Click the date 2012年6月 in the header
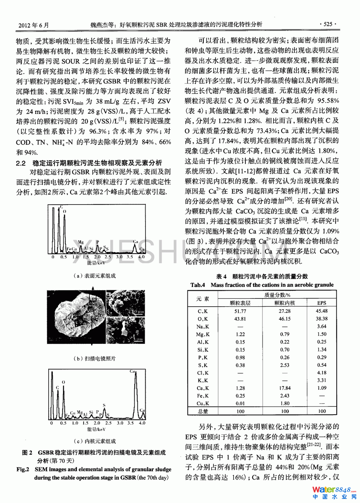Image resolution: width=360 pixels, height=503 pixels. [33, 25]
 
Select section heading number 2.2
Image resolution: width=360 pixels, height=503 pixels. [21, 163]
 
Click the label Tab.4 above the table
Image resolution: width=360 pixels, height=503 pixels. [197, 285]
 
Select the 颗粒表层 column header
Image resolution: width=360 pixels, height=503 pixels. [240, 303]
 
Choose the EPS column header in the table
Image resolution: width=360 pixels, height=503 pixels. [321, 303]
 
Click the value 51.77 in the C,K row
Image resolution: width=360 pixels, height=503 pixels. [240, 311]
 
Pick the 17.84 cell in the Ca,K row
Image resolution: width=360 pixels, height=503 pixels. [285, 388]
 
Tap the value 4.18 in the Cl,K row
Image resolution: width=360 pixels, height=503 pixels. [321, 373]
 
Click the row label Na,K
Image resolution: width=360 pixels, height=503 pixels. [203, 327]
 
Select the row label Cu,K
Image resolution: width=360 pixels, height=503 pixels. [203, 404]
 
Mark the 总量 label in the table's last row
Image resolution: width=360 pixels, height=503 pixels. [203, 411]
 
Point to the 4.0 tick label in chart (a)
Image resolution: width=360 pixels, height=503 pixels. [141, 257]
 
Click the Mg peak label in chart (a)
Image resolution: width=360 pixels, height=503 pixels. [81, 242]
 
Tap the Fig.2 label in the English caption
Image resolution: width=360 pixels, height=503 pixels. [23, 469]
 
